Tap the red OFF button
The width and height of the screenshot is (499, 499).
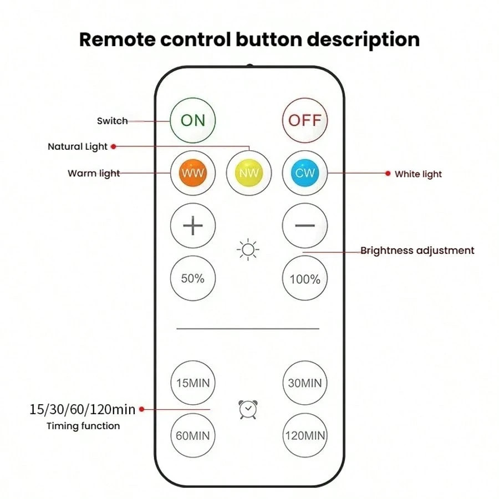pos(305,120)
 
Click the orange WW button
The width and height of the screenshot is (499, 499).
pos(193,173)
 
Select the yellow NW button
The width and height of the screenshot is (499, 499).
pos(249,173)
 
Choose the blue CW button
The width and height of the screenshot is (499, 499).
pos(305,173)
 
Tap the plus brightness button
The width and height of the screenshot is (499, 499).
pos(193,226)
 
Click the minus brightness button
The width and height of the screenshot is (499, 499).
pos(305,226)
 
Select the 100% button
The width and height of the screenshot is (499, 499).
pos(305,278)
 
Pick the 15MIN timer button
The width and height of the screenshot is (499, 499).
pos(193,383)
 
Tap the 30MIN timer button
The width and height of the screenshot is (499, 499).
pos(305,383)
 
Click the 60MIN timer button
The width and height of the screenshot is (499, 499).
pos(193,436)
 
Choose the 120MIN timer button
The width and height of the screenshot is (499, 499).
pos(305,436)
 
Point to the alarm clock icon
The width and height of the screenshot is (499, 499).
pos(248,410)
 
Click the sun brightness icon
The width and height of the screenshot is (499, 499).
pos(248,250)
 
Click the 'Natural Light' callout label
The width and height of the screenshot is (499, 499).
pos(78,147)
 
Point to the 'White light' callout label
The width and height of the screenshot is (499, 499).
pos(418,174)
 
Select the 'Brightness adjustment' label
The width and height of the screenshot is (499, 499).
pos(417,251)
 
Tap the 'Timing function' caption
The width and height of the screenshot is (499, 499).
pos(83,426)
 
